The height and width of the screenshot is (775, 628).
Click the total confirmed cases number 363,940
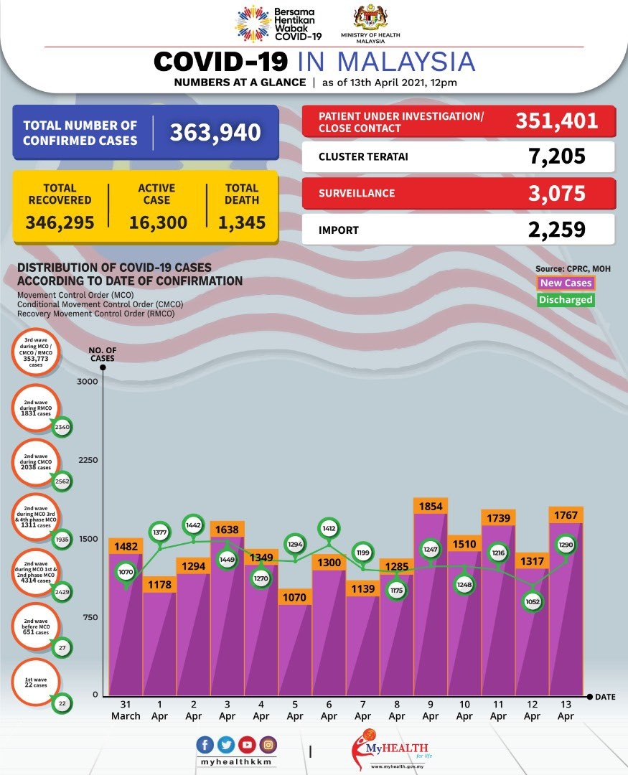215,133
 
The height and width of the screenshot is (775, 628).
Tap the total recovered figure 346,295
60,222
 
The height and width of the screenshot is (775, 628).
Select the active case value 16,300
158,222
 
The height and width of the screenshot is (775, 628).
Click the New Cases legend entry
566,283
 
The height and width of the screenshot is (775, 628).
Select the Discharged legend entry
566,300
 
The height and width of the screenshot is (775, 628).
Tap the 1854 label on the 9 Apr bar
431,506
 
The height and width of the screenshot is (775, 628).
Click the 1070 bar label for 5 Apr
295,596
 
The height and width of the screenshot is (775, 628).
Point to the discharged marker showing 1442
194,525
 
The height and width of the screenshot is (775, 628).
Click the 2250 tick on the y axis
87,460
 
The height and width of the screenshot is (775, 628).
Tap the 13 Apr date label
566,710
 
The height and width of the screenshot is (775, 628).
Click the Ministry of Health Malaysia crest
370,17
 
